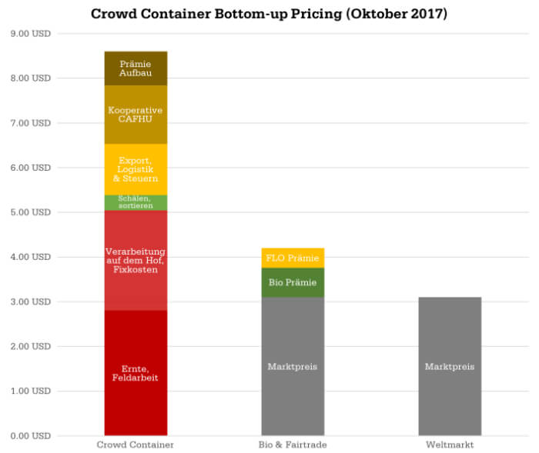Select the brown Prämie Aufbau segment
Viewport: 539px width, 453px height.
click(x=136, y=68)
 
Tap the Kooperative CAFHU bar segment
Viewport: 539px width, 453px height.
click(x=136, y=115)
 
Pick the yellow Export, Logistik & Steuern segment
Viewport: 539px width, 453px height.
click(x=136, y=169)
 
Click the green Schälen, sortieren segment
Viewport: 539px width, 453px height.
click(x=136, y=202)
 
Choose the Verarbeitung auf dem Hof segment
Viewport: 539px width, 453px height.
click(x=136, y=260)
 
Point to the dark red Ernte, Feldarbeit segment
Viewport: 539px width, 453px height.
click(x=136, y=372)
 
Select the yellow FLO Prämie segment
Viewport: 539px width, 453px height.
click(x=293, y=258)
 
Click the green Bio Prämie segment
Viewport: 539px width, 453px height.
click(x=293, y=282)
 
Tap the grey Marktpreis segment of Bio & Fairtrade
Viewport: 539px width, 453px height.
click(x=293, y=366)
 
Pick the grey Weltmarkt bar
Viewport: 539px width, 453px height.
click(x=450, y=366)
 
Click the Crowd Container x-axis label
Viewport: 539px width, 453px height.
click(x=136, y=445)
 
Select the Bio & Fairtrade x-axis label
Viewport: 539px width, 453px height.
click(x=293, y=445)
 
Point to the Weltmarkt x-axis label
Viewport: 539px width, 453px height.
click(x=450, y=445)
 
